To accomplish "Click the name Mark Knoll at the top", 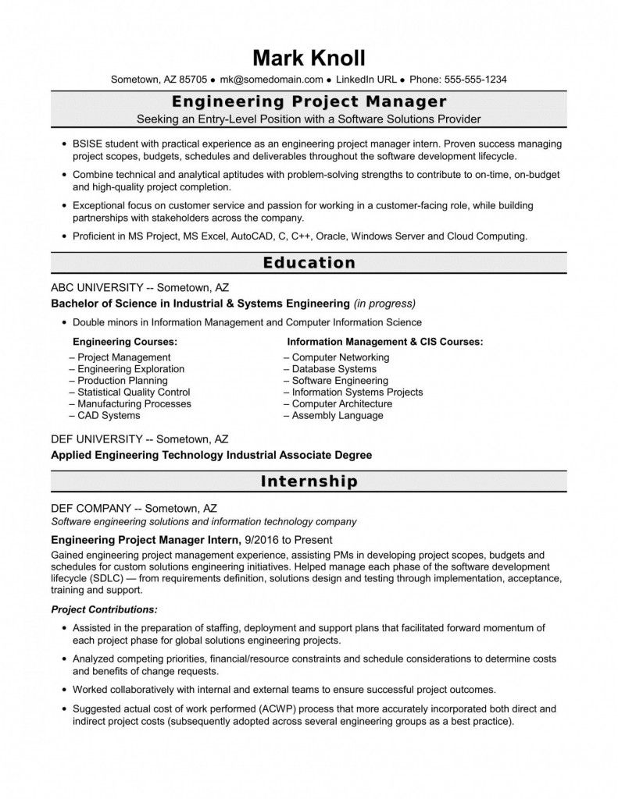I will tap(309, 59).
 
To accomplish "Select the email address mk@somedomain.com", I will tap(271, 80).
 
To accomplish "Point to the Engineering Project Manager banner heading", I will tap(309, 102).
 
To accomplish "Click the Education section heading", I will tap(309, 263).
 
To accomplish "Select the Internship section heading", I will tap(309, 481).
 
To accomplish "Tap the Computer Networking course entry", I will tap(340, 357).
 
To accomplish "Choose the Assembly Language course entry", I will tap(337, 416).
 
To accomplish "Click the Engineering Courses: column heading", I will tap(124, 342).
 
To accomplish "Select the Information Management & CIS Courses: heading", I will tap(384, 342).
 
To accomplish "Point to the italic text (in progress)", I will tap(384, 303).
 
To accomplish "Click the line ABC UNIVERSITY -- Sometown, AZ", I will tap(140, 287).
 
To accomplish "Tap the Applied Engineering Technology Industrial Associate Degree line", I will tap(211, 454).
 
